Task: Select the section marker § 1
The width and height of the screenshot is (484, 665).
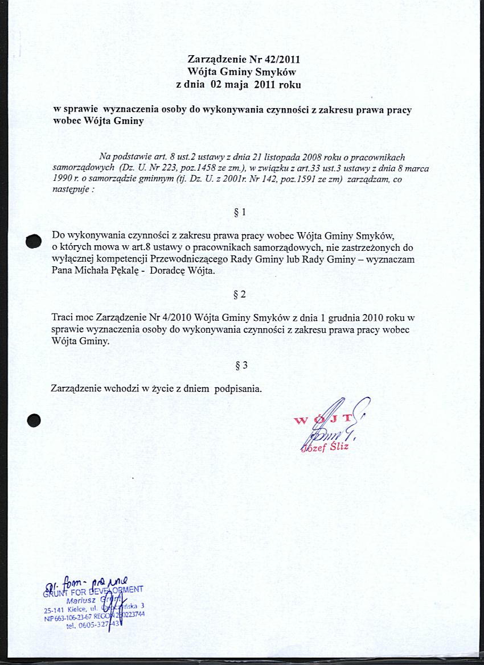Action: click(x=240, y=213)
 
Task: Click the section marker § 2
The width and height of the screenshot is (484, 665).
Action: click(x=240, y=295)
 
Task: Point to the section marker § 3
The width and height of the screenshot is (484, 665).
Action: click(x=241, y=366)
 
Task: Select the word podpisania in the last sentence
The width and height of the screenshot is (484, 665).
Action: click(x=237, y=389)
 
